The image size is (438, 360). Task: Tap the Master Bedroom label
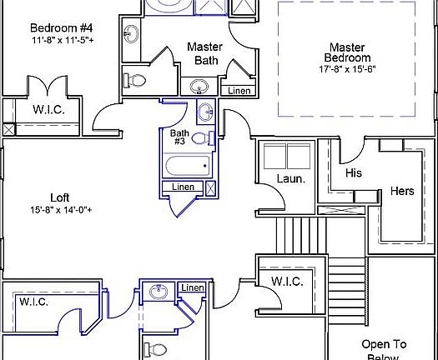click(349, 52)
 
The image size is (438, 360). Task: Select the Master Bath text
click(204, 53)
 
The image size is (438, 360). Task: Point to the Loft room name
click(59, 197)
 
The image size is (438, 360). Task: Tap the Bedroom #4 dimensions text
click(63, 39)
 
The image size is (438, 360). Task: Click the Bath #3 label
click(179, 137)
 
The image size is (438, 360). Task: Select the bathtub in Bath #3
click(189, 166)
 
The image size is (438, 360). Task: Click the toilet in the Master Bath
click(135, 81)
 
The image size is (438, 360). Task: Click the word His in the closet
click(353, 172)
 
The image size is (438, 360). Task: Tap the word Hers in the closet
click(402, 191)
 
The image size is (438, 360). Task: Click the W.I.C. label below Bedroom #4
click(48, 109)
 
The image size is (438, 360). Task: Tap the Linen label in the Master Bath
click(239, 90)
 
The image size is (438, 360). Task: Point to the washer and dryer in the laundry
click(287, 156)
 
